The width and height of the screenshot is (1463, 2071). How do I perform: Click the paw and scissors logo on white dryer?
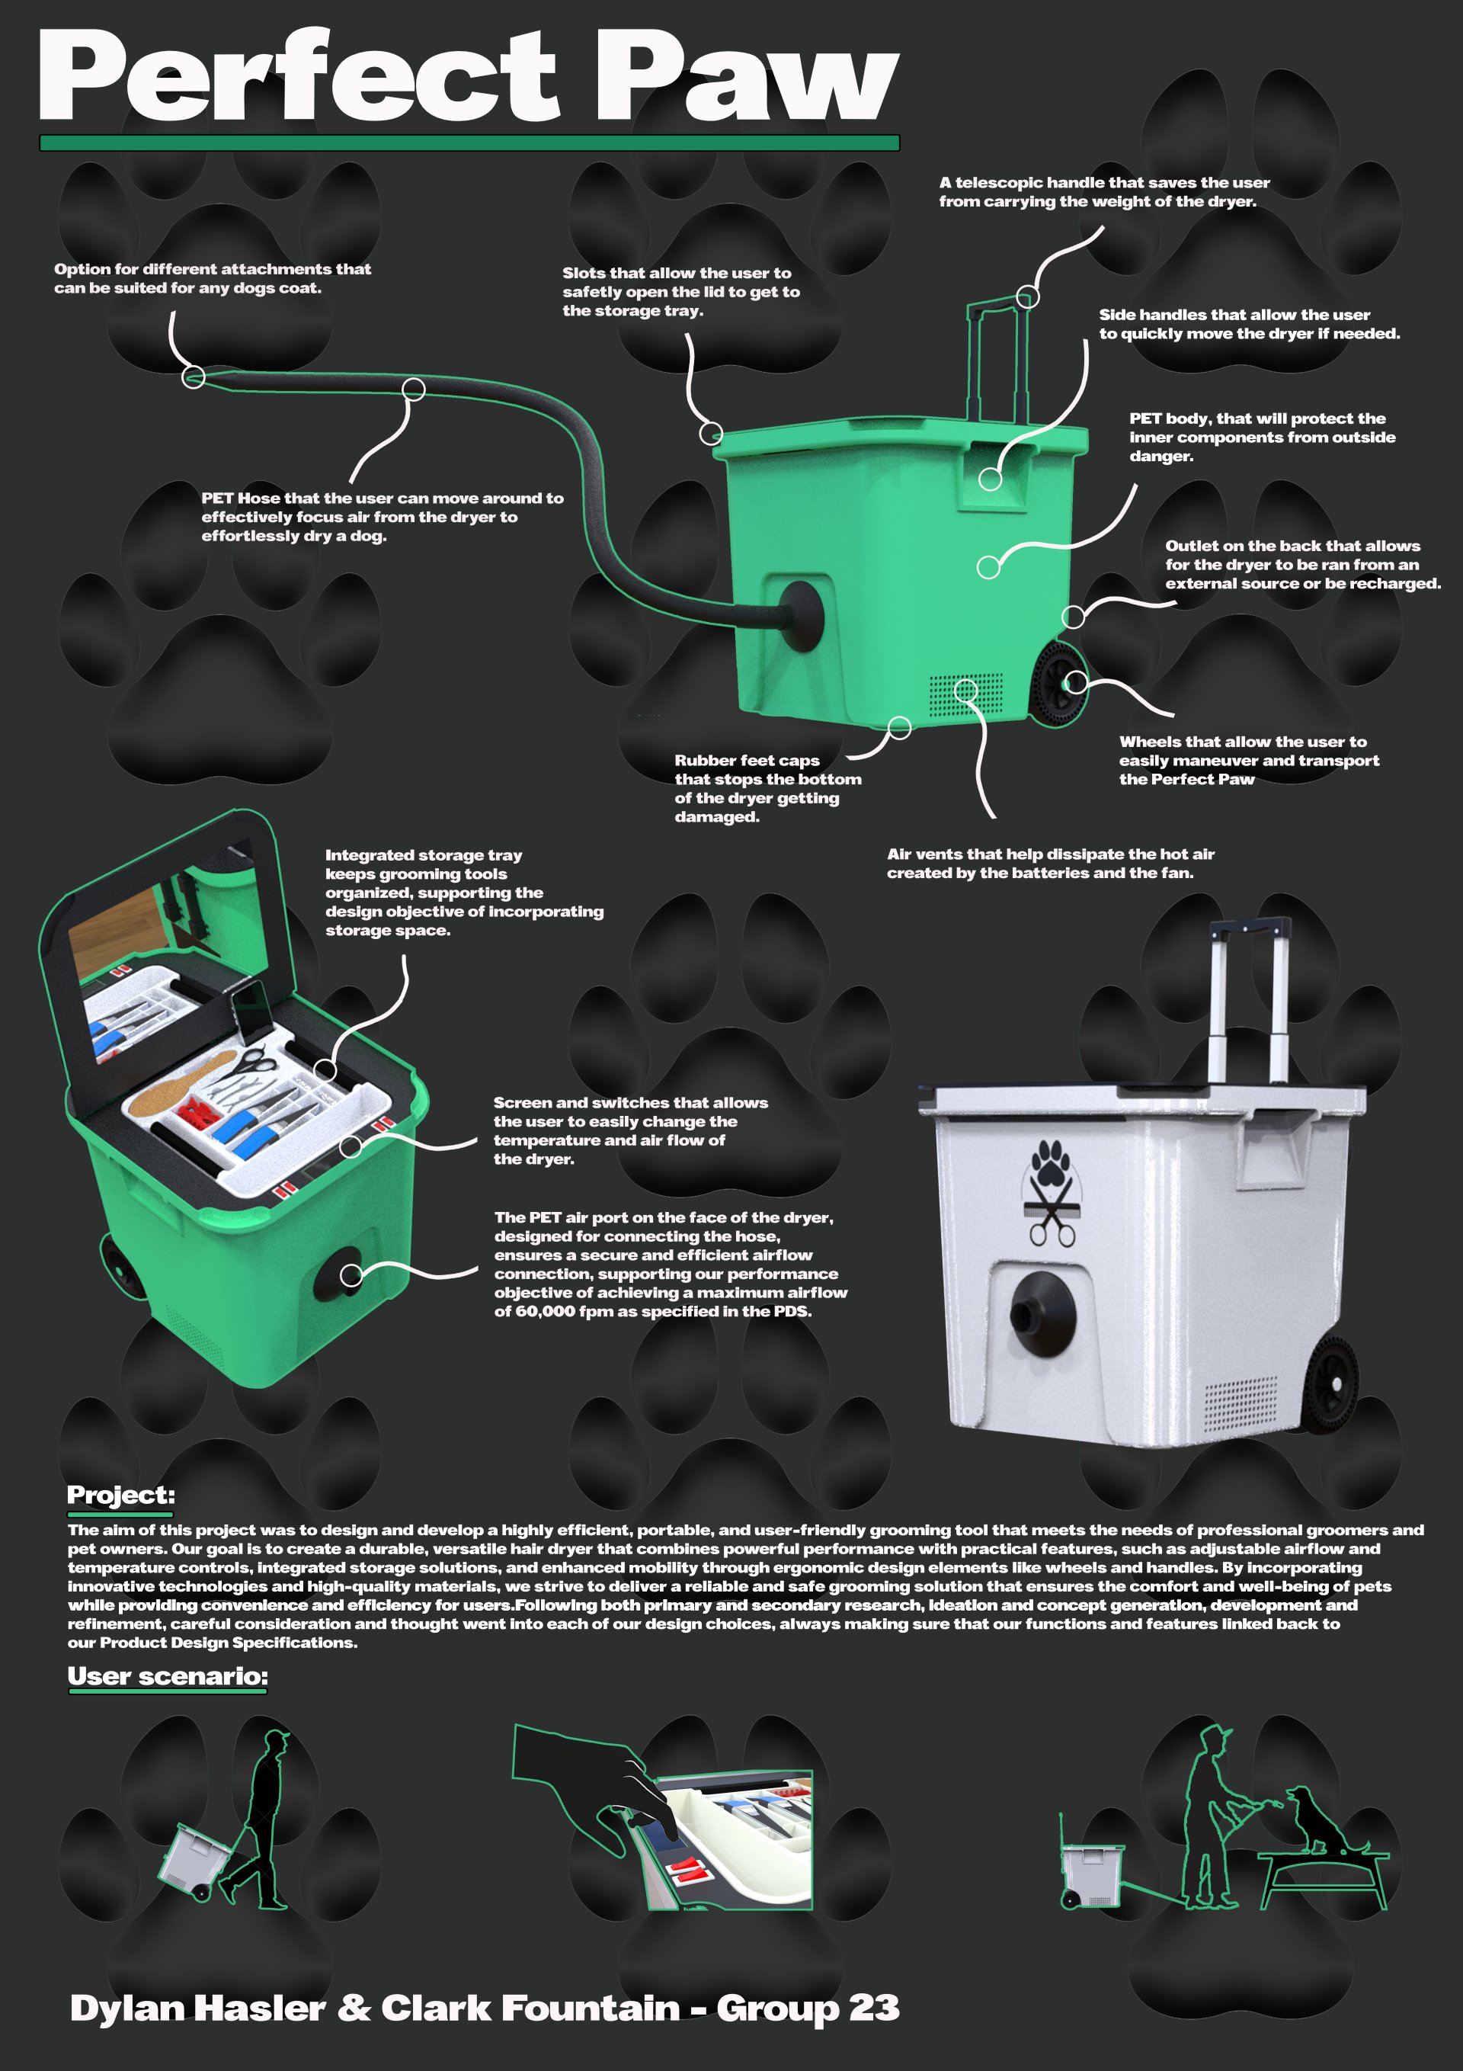pos(1051,1191)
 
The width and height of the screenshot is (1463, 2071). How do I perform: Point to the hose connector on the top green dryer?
pos(799,616)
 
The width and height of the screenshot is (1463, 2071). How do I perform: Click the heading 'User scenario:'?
pos(168,1676)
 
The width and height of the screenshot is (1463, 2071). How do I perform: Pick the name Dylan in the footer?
pos(128,2008)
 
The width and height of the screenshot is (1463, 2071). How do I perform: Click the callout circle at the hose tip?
pos(193,377)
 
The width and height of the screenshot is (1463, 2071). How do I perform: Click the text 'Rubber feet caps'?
pos(747,761)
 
